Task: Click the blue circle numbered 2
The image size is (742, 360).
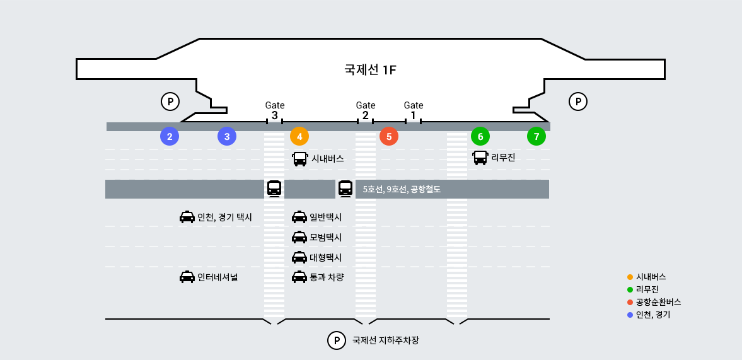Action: [x=170, y=136]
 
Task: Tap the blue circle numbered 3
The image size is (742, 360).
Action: [x=227, y=136]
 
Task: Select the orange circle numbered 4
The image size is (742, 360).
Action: [x=299, y=136]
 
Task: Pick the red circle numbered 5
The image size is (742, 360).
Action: [x=389, y=136]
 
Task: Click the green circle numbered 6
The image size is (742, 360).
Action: [x=480, y=136]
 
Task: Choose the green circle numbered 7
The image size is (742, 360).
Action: [x=536, y=136]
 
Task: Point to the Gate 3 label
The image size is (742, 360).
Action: [x=275, y=110]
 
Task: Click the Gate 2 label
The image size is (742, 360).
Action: [x=366, y=110]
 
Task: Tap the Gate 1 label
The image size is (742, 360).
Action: [x=414, y=110]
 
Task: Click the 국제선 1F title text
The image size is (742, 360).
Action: [x=370, y=69]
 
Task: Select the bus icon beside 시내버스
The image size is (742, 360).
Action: [x=300, y=159]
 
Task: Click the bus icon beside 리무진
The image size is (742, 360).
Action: [x=480, y=158]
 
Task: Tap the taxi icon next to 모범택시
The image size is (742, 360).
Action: [x=299, y=237]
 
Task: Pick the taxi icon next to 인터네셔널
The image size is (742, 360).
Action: [x=187, y=277]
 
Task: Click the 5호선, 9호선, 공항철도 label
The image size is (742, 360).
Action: [x=402, y=189]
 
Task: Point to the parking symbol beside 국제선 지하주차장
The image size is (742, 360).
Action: [x=337, y=340]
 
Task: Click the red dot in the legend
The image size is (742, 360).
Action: [x=630, y=302]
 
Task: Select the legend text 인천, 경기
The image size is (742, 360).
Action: [x=653, y=315]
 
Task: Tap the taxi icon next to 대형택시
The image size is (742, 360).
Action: [x=299, y=257]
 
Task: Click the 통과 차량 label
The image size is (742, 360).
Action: [x=327, y=277]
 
